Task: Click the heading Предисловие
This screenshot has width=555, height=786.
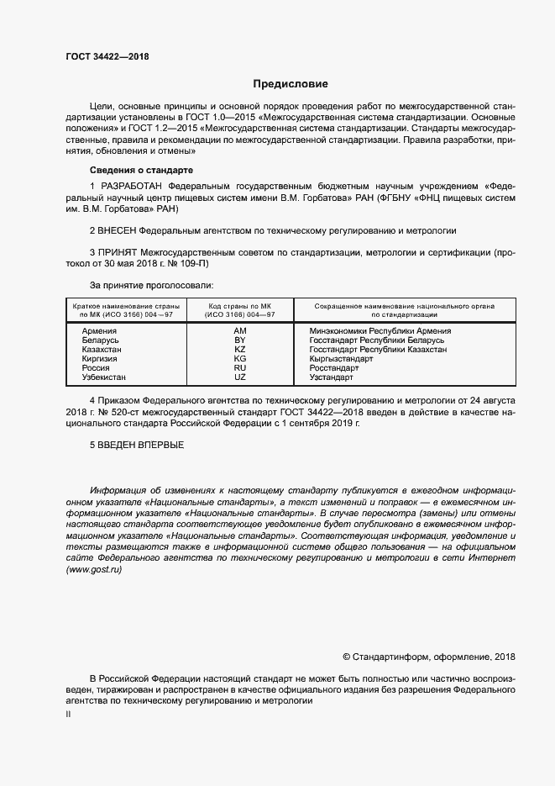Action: pyautogui.click(x=291, y=84)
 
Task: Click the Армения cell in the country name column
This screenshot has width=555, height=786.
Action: pyautogui.click(x=99, y=331)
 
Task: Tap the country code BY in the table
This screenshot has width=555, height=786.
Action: pyautogui.click(x=239, y=340)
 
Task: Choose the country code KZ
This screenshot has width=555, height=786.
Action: pyautogui.click(x=239, y=349)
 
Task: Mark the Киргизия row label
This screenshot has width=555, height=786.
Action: pyautogui.click(x=100, y=358)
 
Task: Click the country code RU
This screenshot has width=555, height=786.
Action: pyautogui.click(x=239, y=367)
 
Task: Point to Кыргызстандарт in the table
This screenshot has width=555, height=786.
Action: pyautogui.click(x=341, y=358)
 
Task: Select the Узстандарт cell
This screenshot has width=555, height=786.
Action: pyautogui.click(x=332, y=377)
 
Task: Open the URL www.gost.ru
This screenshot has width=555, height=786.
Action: pyautogui.click(x=94, y=570)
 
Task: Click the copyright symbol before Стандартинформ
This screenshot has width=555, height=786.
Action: pyautogui.click(x=348, y=657)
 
